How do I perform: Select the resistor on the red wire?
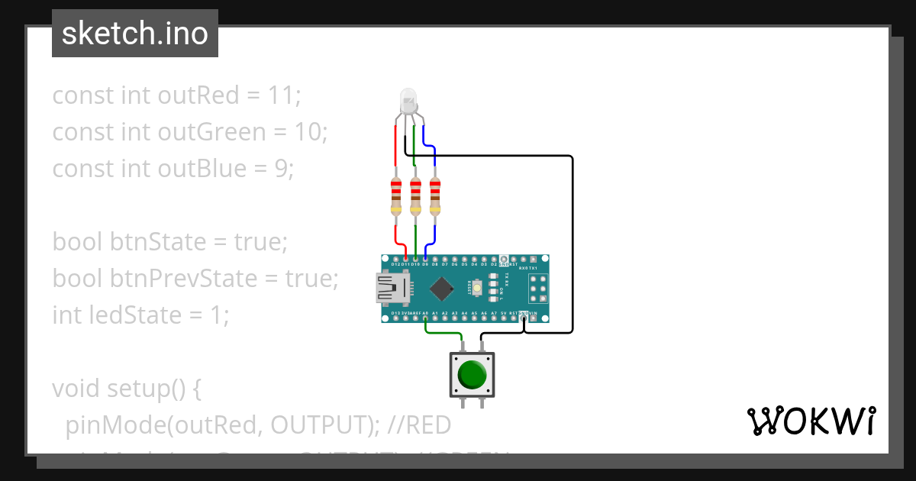click(x=395, y=196)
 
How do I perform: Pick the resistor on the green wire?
click(x=415, y=196)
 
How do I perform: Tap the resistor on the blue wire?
click(x=435, y=196)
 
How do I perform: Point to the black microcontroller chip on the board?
click(x=442, y=288)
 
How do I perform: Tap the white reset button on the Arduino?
click(x=477, y=288)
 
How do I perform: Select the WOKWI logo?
click(x=810, y=421)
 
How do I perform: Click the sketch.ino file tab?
click(x=135, y=34)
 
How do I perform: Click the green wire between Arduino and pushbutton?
click(x=443, y=333)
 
